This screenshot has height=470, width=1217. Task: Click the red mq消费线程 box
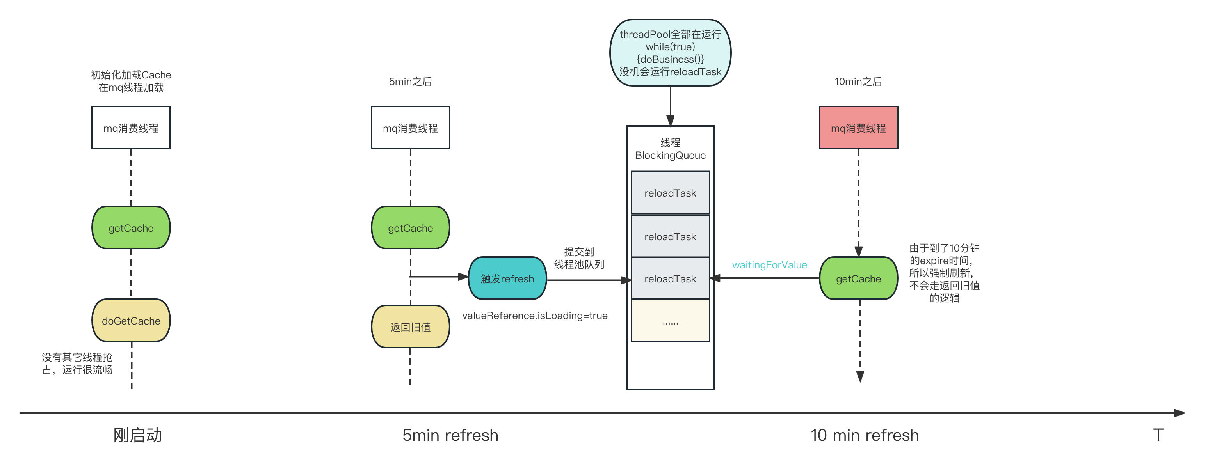click(858, 128)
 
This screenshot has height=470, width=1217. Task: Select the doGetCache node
click(131, 320)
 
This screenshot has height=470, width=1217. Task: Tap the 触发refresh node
click(507, 278)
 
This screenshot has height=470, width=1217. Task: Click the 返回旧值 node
click(410, 326)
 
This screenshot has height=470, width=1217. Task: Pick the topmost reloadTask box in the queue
click(670, 193)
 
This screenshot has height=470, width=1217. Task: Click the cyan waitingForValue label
click(769, 265)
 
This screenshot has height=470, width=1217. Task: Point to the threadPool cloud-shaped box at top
click(670, 52)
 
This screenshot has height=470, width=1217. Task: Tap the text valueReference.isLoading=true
click(534, 315)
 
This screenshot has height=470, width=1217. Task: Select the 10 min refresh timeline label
click(865, 435)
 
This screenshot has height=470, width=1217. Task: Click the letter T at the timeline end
click(1157, 435)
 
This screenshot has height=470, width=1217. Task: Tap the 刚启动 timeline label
click(137, 435)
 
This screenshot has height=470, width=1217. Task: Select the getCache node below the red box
click(858, 278)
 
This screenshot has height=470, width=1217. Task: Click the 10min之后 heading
click(858, 81)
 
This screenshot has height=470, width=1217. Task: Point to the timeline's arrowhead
click(1180, 413)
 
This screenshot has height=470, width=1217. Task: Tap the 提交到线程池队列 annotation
click(579, 258)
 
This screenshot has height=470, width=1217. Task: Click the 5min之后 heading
click(410, 81)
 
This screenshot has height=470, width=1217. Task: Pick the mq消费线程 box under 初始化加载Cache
click(131, 128)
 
